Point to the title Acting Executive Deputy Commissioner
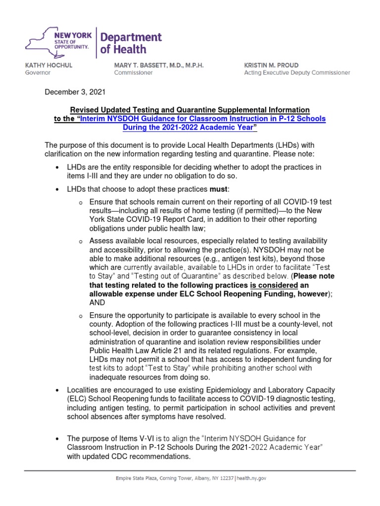(297, 73)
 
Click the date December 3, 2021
(75, 92)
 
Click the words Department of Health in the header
(131, 43)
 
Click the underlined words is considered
(274, 286)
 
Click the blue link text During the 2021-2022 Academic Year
(190, 127)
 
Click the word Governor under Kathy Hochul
(38, 73)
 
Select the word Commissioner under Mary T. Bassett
(134, 73)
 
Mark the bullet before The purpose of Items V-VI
(58, 439)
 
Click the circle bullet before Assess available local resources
(80, 241)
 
